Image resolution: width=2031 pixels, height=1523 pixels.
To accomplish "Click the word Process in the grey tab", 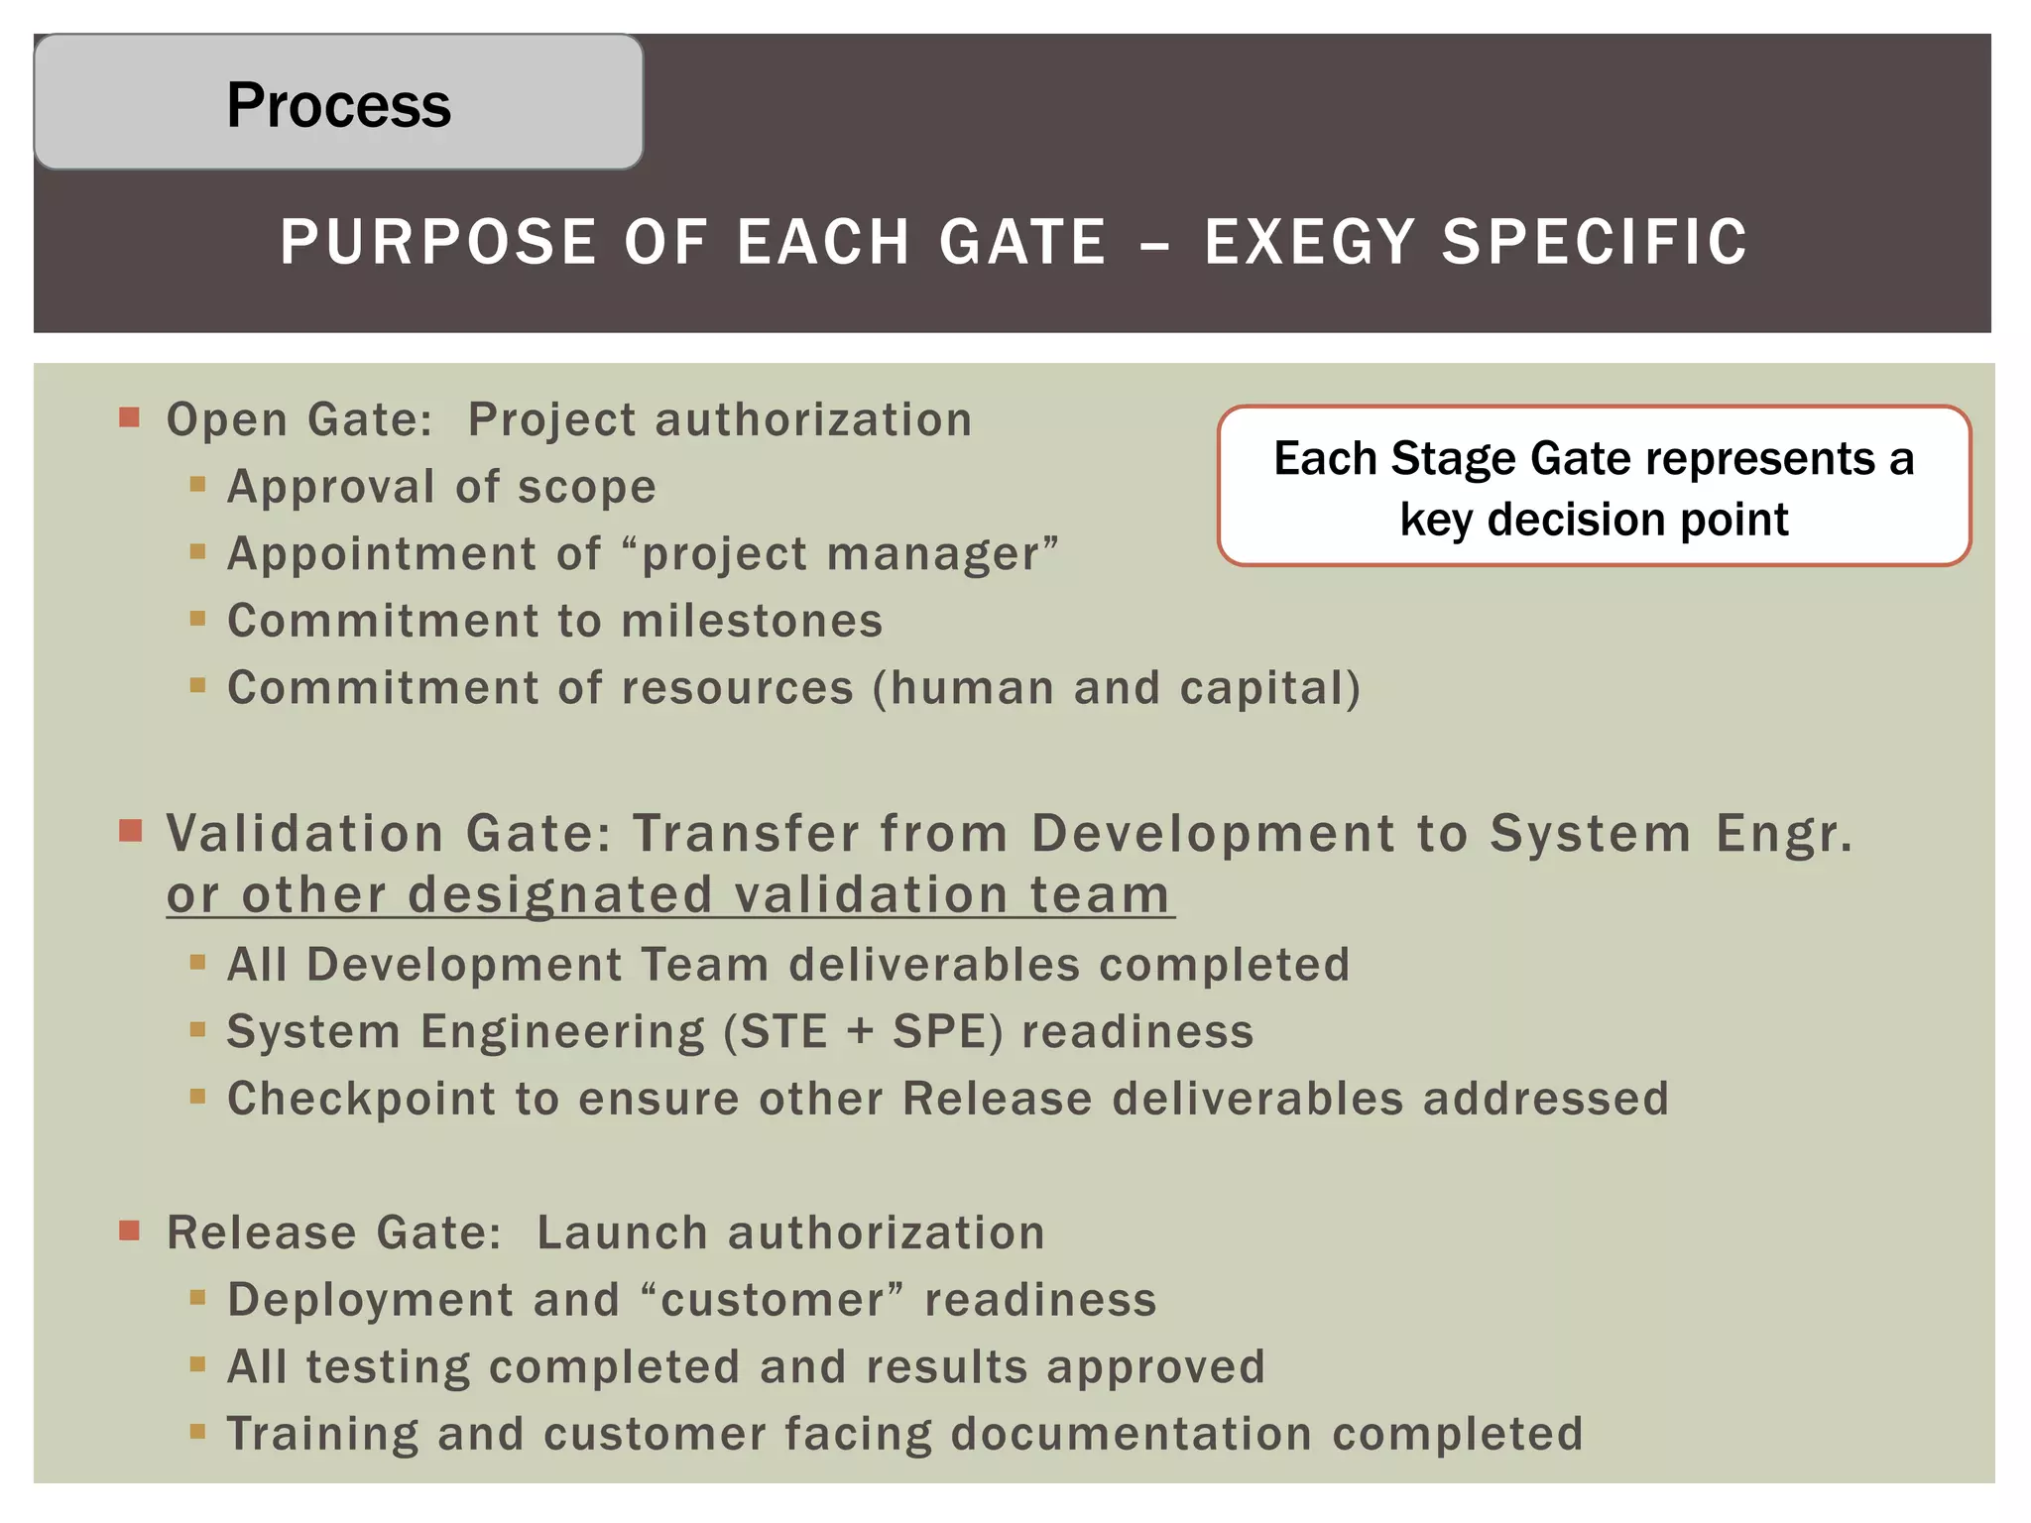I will pyautogui.click(x=338, y=105).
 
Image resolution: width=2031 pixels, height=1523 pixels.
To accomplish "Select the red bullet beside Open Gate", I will pyautogui.click(x=129, y=416).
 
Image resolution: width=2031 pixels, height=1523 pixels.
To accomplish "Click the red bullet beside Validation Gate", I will pyautogui.click(x=130, y=830).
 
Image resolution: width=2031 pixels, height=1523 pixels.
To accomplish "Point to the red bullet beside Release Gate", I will pyautogui.click(x=129, y=1230).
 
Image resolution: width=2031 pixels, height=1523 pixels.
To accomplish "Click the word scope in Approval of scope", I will pyautogui.click(x=586, y=488).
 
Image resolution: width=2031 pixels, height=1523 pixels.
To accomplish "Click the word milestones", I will pyautogui.click(x=752, y=622).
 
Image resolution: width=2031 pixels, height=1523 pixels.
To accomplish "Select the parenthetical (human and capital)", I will pyautogui.click(x=1116, y=688).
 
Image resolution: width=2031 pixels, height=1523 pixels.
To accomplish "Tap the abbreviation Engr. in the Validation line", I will pyautogui.click(x=1784, y=833).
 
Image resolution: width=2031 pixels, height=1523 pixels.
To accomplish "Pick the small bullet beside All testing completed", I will pyautogui.click(x=197, y=1365).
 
